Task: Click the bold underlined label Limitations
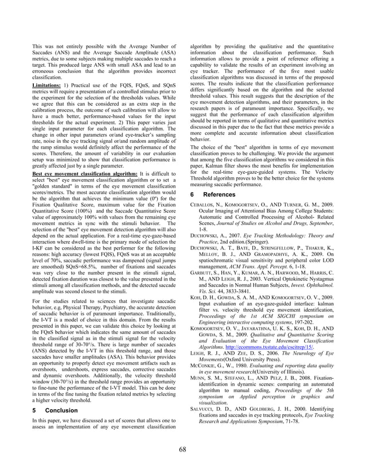(x=50, y=84)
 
